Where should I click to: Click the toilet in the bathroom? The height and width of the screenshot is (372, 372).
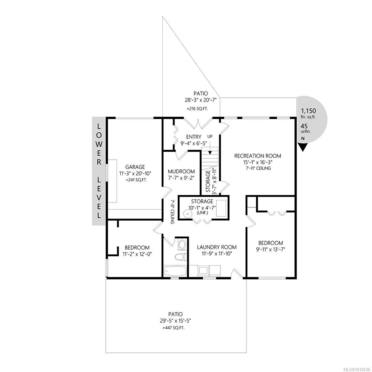[181, 257]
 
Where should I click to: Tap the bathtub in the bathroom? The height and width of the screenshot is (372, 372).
[175, 272]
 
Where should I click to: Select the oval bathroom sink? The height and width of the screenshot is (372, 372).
[182, 245]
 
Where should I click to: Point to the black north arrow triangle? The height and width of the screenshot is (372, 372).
[303, 147]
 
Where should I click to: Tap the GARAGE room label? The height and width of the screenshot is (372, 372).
[135, 167]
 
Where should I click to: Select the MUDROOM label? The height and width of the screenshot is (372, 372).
[181, 171]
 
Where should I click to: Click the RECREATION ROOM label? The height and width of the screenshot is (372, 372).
[258, 156]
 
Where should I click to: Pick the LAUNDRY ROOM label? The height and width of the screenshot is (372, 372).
[217, 247]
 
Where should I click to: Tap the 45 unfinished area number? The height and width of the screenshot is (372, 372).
[304, 126]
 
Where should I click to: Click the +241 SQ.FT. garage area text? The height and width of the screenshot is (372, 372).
[136, 180]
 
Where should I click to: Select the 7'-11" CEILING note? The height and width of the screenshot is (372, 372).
[258, 168]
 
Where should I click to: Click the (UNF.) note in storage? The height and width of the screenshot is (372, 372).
[202, 213]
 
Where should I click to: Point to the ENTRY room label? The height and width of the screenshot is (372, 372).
[194, 137]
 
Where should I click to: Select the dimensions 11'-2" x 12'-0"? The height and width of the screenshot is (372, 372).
[137, 254]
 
